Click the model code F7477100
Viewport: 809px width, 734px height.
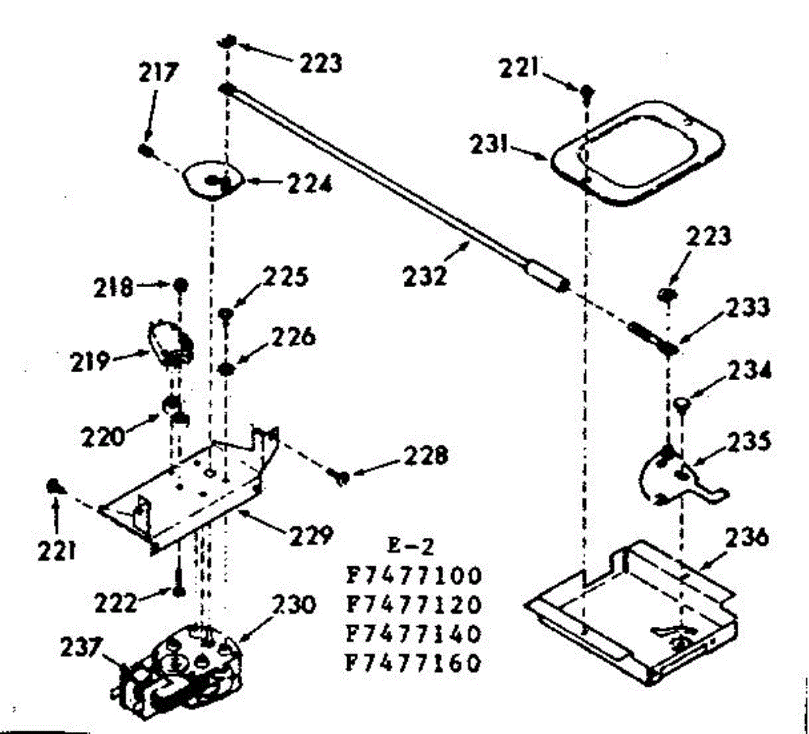coord(414,576)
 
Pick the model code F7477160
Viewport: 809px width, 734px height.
coord(414,664)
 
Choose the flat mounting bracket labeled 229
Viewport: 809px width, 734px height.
coord(182,492)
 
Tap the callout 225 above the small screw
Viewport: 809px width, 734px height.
coord(286,277)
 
